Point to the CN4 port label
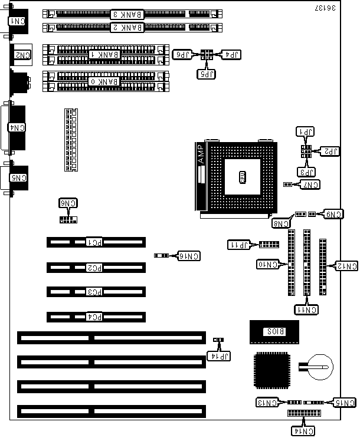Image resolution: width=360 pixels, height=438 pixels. [19, 127]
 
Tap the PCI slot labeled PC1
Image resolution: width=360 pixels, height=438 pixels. [95, 242]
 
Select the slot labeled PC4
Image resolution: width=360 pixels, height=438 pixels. [95, 317]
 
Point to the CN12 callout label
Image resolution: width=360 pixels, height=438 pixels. [345, 266]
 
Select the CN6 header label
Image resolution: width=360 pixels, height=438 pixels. [68, 203]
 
